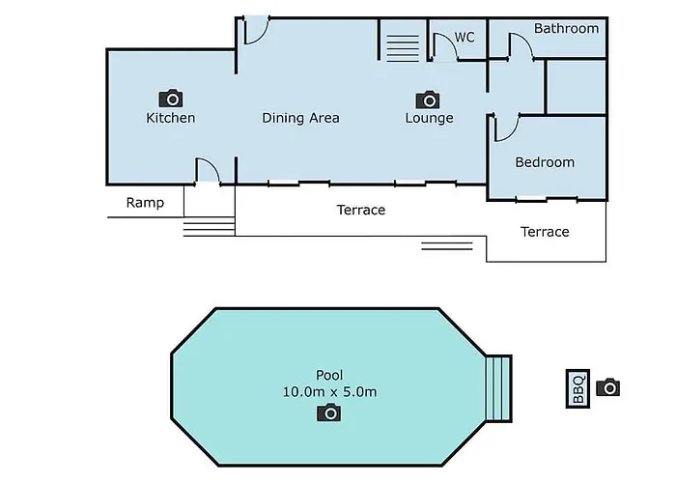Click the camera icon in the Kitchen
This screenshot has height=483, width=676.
pos(171,99)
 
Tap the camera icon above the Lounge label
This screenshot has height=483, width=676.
pos(428,99)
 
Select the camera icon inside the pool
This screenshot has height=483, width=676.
pos(329,412)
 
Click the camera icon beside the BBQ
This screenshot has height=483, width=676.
pos(607,386)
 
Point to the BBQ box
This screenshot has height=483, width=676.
pos(577,388)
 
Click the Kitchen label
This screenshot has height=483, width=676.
pos(171,118)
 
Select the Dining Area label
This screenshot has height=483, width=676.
pos(300,118)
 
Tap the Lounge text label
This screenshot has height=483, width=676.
pos(430,118)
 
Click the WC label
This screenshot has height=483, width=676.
pos(465,37)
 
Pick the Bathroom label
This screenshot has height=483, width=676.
pos(567,28)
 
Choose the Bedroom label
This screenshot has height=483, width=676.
pos(545,162)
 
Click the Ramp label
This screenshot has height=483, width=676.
pos(145,203)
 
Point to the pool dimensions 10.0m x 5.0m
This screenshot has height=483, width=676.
pos(330,392)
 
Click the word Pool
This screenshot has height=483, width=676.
pos(330,375)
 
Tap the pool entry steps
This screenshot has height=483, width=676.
pos(499,388)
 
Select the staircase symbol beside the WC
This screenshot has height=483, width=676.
pos(403,48)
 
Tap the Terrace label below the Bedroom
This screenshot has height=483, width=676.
pos(545,232)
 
